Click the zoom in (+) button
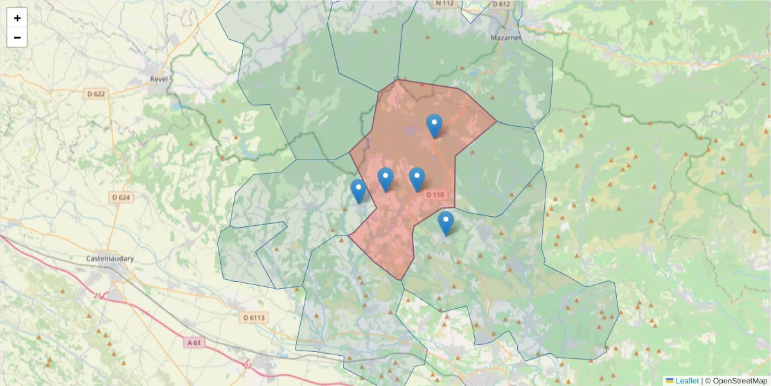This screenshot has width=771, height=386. (17, 18)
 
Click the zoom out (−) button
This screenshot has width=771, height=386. (17, 37)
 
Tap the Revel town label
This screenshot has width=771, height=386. (158, 79)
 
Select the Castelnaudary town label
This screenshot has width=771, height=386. (110, 259)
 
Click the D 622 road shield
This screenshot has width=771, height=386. (96, 94)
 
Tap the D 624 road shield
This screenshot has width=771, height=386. (121, 198)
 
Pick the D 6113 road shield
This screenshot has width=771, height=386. (254, 317)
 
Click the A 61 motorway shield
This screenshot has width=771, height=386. (194, 343)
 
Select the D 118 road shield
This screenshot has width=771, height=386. (435, 195)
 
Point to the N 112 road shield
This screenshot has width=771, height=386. (445, 3)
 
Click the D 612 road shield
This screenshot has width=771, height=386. (501, 4)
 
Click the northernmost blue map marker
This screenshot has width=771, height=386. (434, 125)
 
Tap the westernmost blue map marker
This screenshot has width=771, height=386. (359, 191)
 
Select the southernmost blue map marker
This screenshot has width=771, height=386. (445, 223)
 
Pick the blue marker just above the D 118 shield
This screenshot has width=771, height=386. (417, 179)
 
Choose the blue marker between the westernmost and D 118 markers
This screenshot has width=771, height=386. (385, 179)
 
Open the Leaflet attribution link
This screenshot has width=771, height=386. (686, 381)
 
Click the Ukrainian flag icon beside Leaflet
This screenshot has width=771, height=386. (670, 381)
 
